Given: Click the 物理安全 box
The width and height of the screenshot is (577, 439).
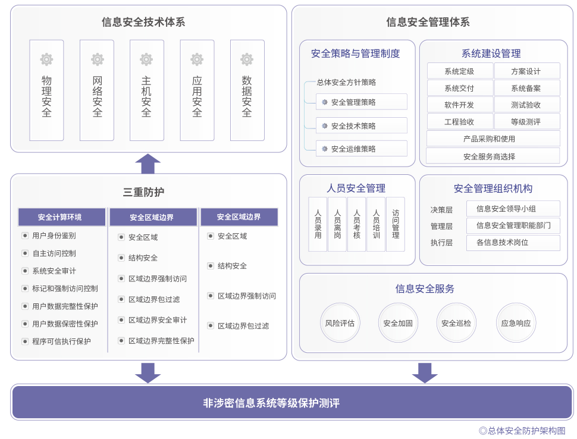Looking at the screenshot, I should click(46, 90).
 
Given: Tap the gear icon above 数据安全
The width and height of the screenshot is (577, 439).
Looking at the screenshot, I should click(247, 59).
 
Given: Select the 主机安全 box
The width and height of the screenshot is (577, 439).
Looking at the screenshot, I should click(146, 90).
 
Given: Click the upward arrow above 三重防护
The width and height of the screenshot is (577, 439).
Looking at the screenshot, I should click(148, 163).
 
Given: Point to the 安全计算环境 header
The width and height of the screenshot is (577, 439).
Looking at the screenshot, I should click(60, 217).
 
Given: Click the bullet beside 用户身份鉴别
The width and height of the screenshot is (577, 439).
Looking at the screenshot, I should click(25, 236).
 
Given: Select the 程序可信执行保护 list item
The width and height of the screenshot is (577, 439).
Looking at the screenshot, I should click(61, 341).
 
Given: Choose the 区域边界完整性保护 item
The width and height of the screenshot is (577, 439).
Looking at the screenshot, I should click(161, 341).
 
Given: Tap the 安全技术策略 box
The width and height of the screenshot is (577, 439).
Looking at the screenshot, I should click(361, 126).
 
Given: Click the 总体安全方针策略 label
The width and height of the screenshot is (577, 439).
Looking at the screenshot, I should click(346, 83).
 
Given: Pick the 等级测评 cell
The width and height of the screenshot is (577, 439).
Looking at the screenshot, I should click(526, 122).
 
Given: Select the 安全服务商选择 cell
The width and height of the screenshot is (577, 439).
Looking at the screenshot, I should click(493, 156).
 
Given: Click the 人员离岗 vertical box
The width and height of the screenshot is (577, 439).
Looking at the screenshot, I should click(337, 224).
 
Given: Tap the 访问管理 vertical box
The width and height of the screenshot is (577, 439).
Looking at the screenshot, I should click(396, 224).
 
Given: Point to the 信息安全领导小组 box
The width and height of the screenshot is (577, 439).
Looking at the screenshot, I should click(513, 209).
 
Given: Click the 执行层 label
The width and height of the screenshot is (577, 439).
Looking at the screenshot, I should click(441, 243).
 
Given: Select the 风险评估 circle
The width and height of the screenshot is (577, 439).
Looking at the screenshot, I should click(340, 323).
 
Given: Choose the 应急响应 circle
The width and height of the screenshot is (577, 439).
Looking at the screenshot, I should click(516, 323).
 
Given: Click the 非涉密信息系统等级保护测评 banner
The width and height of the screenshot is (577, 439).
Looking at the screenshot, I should click(292, 403).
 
